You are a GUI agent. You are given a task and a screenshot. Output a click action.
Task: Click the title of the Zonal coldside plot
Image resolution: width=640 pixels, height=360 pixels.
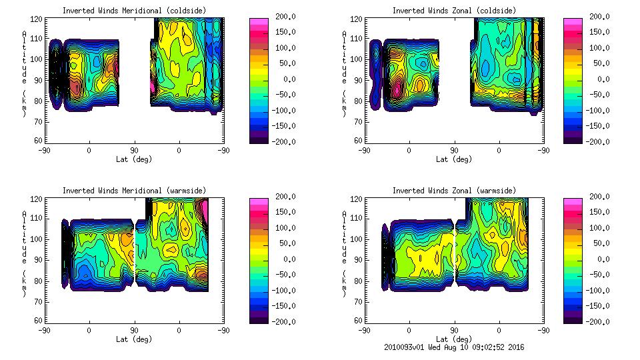[454, 11]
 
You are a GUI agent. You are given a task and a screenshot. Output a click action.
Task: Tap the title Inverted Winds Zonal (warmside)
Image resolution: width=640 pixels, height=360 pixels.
[454, 191]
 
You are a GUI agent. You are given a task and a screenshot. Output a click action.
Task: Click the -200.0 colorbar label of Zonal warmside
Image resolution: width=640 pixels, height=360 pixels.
[597, 322]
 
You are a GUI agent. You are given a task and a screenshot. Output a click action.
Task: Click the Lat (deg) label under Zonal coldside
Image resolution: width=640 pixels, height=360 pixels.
[454, 159]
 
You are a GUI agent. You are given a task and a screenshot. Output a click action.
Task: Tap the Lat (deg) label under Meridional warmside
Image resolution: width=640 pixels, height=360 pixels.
[134, 339]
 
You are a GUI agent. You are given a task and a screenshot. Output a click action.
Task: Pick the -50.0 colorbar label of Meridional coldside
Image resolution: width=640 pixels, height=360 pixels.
[281, 95]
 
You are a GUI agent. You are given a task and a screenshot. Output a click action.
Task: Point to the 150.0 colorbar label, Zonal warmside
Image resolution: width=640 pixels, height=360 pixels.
[597, 212]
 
